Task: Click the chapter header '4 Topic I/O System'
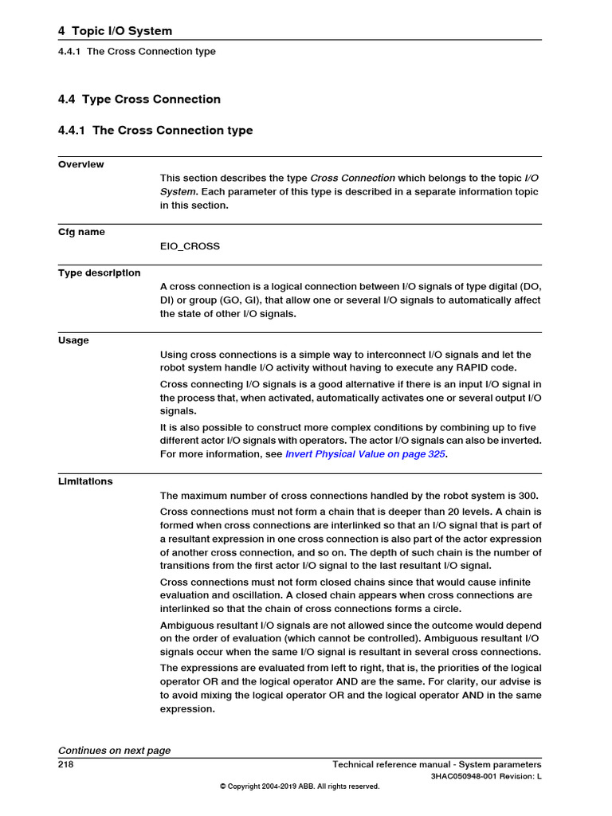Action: (115, 31)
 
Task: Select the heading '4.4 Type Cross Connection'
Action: (139, 100)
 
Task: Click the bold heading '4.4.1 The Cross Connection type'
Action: (155, 131)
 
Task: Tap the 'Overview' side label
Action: (80, 164)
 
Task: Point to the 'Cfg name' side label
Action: (81, 232)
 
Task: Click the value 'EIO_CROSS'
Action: (190, 246)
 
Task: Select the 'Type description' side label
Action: (99, 273)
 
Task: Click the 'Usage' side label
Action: (73, 340)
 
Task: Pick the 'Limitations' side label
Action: (85, 481)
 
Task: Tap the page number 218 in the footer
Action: (66, 764)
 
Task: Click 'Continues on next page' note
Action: (114, 751)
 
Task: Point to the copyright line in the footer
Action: (300, 787)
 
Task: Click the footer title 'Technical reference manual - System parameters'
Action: (437, 764)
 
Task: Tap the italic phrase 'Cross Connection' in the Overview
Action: (352, 178)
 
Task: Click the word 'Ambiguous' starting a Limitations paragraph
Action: (188, 626)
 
